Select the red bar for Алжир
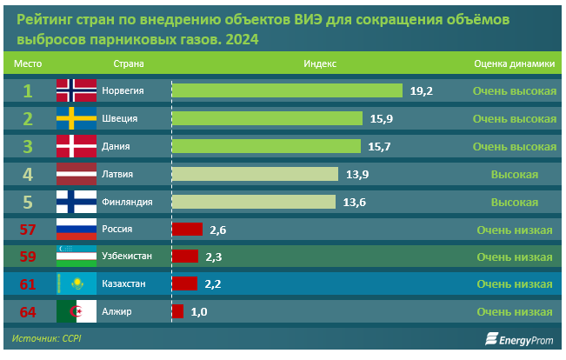[177, 311]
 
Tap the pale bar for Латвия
[256, 174]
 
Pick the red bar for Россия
[187, 230]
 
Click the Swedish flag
[77, 118]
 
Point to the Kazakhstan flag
[77, 283]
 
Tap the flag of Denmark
[77, 146]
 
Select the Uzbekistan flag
[77, 256]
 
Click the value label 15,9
[382, 119]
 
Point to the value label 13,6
[354, 203]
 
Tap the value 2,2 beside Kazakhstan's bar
[213, 284]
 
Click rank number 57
[28, 230]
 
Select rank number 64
[28, 312]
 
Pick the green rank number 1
[28, 91]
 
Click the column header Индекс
[320, 63]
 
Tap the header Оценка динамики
[515, 63]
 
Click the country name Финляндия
[127, 202]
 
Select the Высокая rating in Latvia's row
[515, 175]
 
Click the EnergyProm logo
[519, 339]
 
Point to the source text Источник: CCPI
[47, 338]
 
